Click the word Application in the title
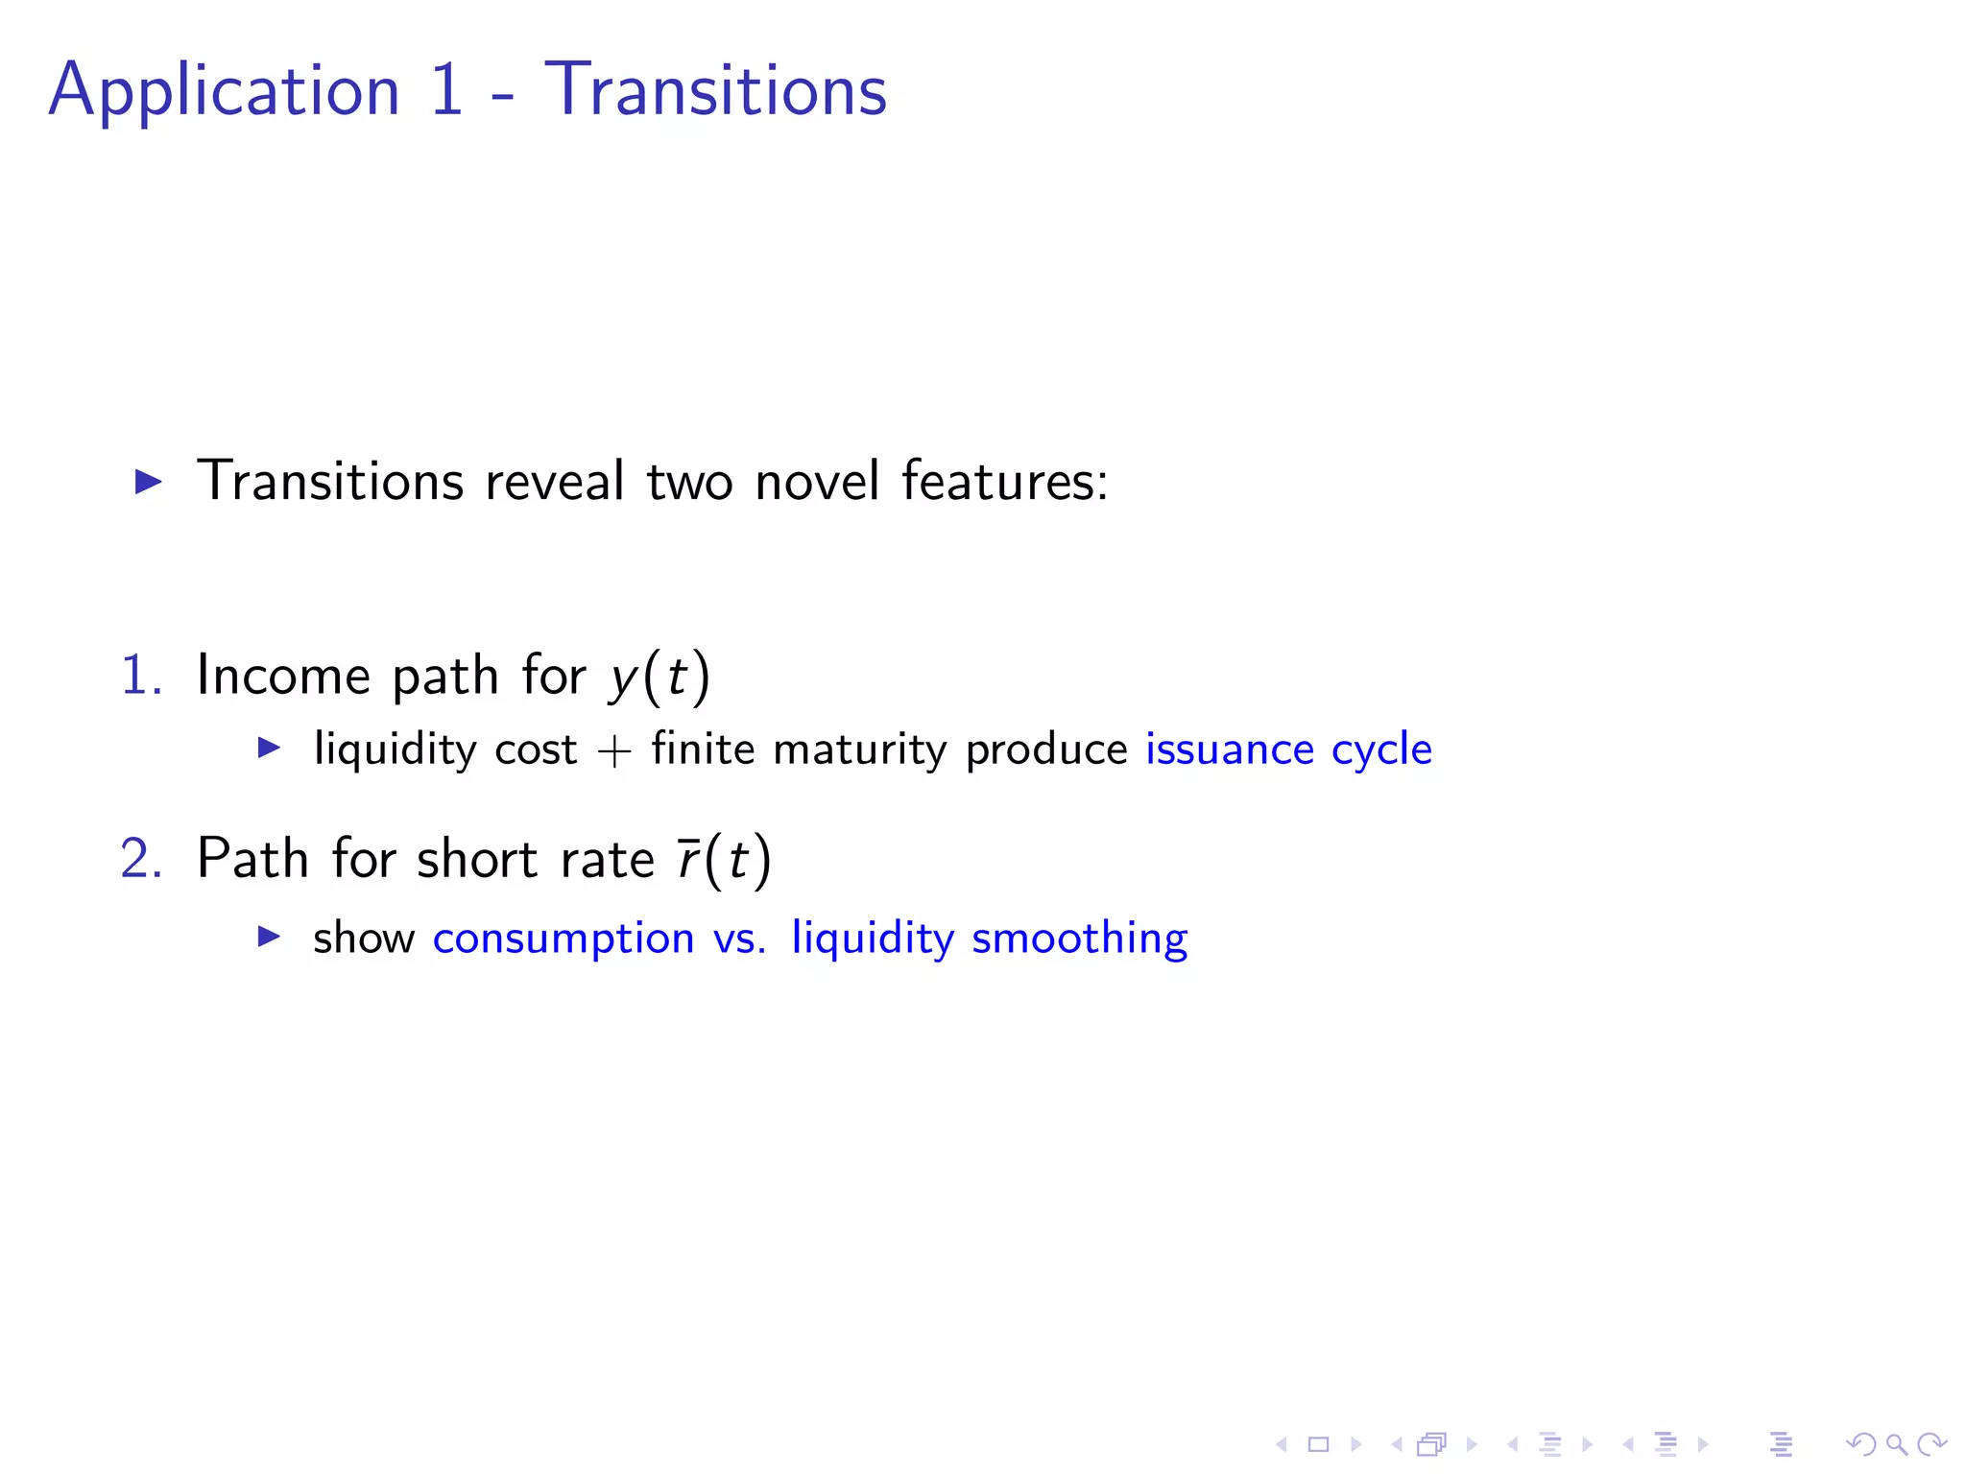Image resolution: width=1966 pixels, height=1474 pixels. click(x=224, y=91)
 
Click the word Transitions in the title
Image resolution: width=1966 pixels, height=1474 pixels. click(x=715, y=89)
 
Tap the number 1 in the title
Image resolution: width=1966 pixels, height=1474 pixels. click(x=446, y=89)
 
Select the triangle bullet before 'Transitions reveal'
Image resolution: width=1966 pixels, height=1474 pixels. click(x=149, y=481)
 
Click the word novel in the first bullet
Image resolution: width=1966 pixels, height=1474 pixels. click(x=816, y=481)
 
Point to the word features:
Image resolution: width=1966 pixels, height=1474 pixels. click(x=1004, y=481)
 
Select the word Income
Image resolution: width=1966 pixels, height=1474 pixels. click(x=283, y=675)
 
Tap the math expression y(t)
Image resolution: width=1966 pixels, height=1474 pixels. click(x=659, y=677)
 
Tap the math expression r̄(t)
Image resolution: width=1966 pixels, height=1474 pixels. click(x=724, y=859)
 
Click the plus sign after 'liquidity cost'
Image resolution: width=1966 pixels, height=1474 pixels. click(x=614, y=750)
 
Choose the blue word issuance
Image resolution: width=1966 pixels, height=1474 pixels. click(x=1230, y=749)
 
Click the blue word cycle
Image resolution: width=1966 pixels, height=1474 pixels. click(x=1381, y=750)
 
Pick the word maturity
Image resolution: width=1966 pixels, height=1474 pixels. click(x=859, y=750)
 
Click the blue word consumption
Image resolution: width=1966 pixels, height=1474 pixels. click(x=563, y=939)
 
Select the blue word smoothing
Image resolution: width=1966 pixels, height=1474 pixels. click(x=1079, y=939)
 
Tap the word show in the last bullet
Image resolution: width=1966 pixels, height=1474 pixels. click(x=364, y=938)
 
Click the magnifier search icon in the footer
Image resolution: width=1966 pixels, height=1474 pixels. click(x=1896, y=1444)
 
